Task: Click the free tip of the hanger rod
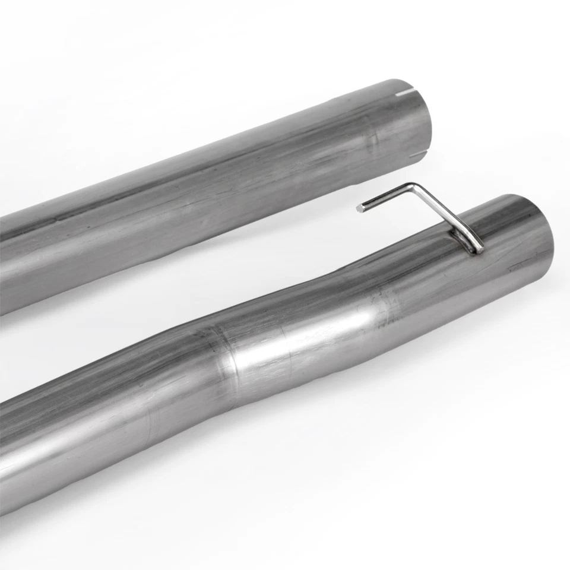(x=360, y=208)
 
